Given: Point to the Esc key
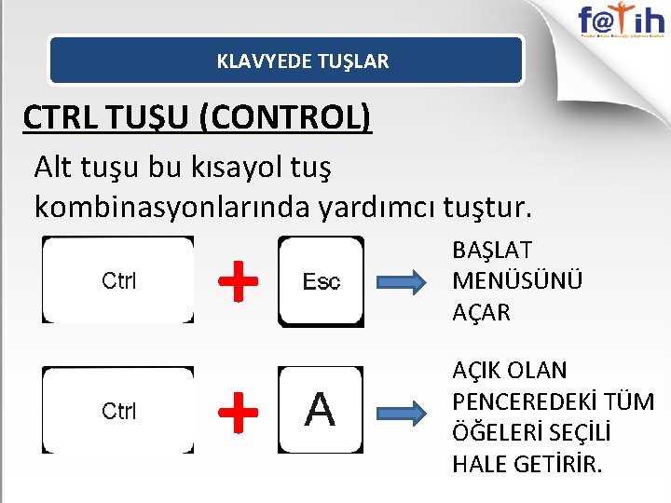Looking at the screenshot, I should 321,281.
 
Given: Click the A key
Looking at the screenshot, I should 321,410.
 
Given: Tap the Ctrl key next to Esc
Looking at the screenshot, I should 118,280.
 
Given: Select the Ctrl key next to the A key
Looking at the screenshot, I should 118,411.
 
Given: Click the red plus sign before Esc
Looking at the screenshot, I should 239,280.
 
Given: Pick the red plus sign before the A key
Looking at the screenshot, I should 239,411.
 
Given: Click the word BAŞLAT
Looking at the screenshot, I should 492,251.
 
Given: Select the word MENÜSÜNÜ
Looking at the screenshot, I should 517,281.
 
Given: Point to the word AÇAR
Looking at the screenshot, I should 481,313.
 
